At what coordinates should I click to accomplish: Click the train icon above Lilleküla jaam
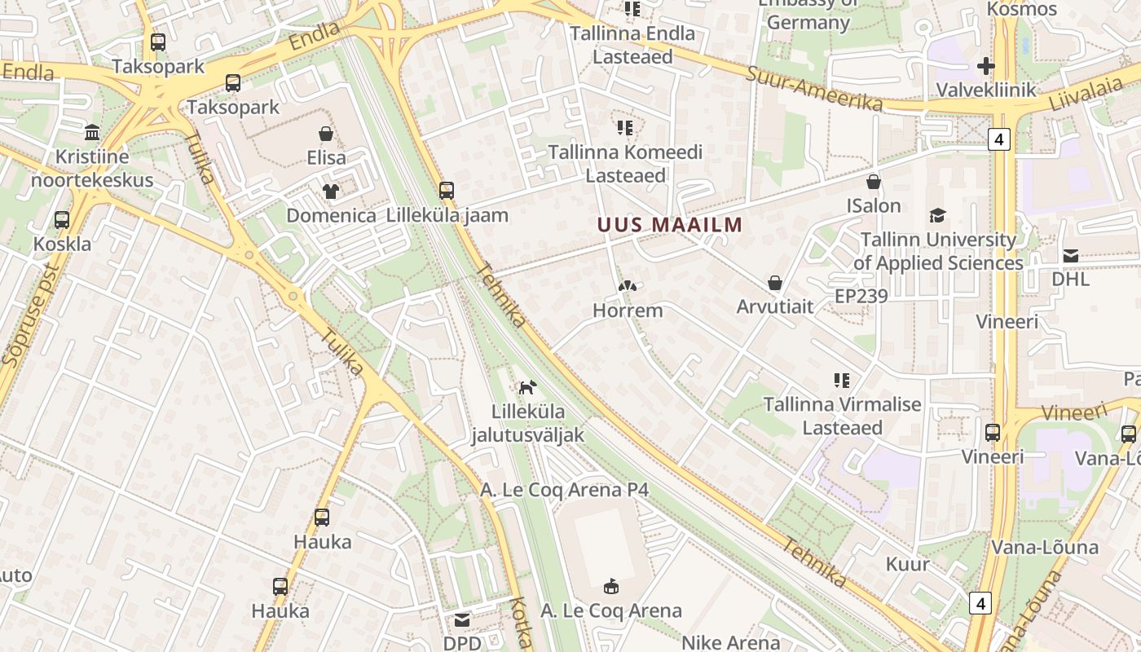[446, 191]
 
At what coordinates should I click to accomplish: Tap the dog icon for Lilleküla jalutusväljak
[528, 387]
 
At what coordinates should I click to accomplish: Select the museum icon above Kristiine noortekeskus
[92, 132]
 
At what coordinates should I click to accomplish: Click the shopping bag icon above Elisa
[326, 134]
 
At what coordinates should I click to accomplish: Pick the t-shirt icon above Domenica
[331, 192]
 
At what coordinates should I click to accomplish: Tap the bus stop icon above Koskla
[62, 219]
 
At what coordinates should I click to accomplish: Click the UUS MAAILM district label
[669, 225]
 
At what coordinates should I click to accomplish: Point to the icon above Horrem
[627, 286]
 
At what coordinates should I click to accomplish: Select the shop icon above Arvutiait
[775, 283]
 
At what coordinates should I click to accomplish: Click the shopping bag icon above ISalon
[874, 182]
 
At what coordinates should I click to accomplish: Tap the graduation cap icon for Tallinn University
[937, 216]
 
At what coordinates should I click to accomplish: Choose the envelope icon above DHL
[1070, 256]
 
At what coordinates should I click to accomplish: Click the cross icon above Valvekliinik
[985, 65]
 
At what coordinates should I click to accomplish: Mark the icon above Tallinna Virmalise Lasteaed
[842, 380]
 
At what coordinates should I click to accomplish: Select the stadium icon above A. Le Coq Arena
[611, 586]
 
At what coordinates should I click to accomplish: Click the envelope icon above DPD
[462, 620]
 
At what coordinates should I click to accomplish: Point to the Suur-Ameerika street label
[814, 88]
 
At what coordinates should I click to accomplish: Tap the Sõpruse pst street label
[31, 324]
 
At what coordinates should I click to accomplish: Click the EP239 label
[861, 296]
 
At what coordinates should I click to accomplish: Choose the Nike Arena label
[730, 642]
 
